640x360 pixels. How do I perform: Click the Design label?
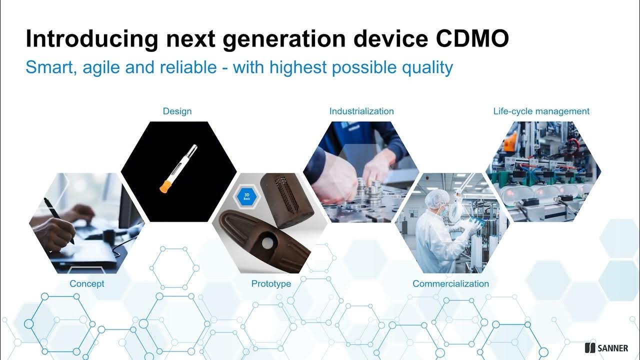tap(177, 111)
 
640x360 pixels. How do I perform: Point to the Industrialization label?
tap(361, 111)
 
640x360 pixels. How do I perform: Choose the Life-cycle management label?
tap(541, 111)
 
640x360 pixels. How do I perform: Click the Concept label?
tap(87, 283)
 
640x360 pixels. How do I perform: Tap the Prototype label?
tap(271, 283)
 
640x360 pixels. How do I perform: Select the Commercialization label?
tap(450, 283)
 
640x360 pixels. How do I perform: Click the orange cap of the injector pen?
tap(164, 186)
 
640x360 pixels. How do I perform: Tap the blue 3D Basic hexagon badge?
tap(246, 196)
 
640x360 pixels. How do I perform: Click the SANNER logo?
tap(606, 348)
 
